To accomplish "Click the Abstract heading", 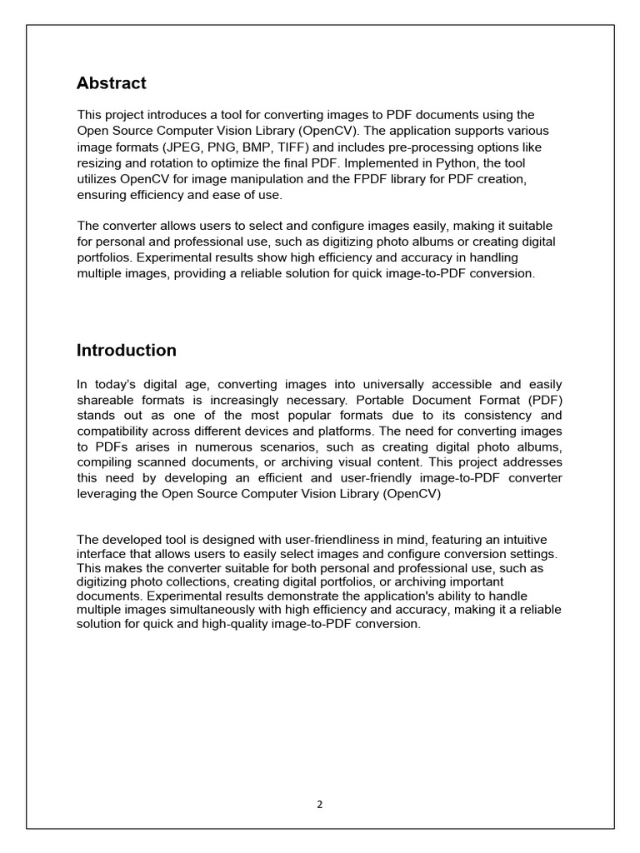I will pyautogui.click(x=111, y=83).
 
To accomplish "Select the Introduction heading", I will pyautogui.click(x=126, y=351).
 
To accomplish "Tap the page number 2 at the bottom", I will pyautogui.click(x=320, y=805).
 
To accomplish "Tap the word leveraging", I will pyautogui.click(x=107, y=493).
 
